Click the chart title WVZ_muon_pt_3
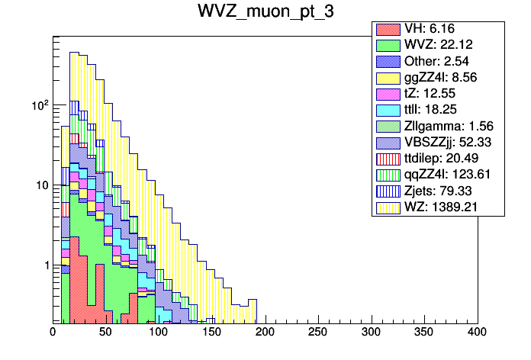point(265,14)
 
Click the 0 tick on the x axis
point(53,333)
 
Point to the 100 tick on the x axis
point(159,333)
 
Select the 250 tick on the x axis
point(318,333)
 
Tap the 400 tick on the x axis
point(477,333)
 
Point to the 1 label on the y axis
point(45,265)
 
